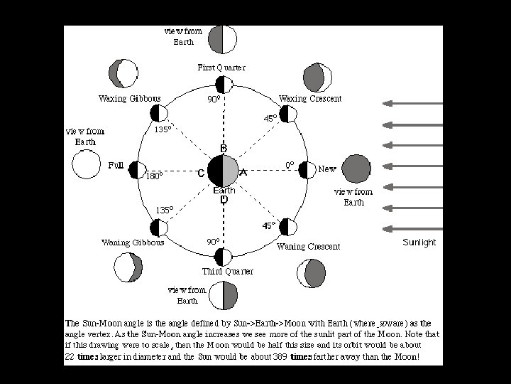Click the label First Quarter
coord(221,68)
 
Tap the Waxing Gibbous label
coord(130,98)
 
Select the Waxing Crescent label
coord(310,98)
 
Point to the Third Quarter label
coord(227,271)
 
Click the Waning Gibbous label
coord(133,242)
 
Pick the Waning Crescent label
coord(308,246)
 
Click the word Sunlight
coord(419,242)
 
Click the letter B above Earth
coord(223,148)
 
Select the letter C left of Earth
coord(202,173)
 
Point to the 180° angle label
coord(154,176)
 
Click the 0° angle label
coord(290,165)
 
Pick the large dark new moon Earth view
coord(356,169)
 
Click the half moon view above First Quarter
coord(223,39)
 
